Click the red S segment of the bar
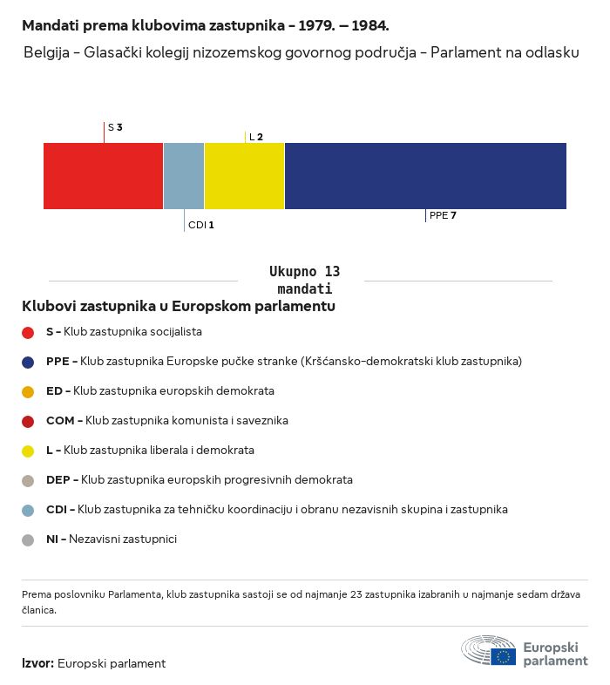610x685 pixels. coord(103,176)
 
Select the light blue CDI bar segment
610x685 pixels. coord(184,176)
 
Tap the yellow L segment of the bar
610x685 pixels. coord(244,176)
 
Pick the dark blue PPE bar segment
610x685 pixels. coord(425,176)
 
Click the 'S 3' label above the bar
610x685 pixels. coord(115,127)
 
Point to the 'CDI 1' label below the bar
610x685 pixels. coord(201,225)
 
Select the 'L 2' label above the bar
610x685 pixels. coord(256,137)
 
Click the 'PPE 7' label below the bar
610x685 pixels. coord(443,215)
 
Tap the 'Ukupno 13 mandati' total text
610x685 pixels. coord(304,280)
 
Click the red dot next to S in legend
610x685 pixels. coord(28,332)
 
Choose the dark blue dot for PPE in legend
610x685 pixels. coord(28,362)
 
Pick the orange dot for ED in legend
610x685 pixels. coord(28,391)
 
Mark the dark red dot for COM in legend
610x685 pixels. coord(28,421)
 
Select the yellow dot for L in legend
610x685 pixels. coord(28,451)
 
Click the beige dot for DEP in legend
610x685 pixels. coord(28,480)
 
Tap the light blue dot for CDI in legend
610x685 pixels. coord(28,510)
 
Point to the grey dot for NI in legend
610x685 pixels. coord(28,539)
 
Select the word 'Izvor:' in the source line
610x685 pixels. coord(38,663)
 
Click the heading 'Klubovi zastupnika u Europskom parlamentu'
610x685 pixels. coord(179,306)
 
